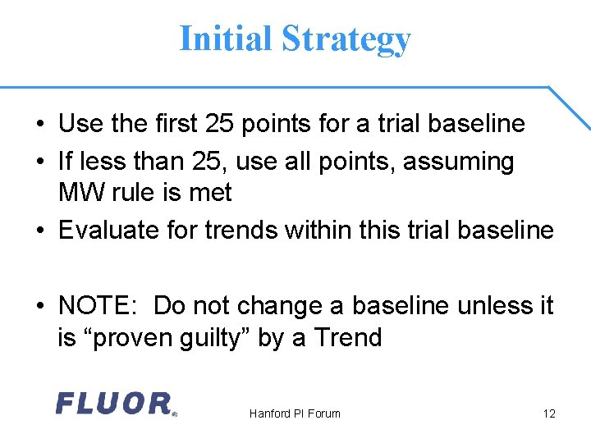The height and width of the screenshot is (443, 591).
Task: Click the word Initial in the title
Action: (x=225, y=39)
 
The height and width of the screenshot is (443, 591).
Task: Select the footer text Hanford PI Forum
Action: (x=295, y=413)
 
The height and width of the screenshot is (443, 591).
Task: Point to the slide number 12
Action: (x=548, y=413)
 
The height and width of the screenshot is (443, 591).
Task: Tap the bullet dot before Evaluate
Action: (x=39, y=231)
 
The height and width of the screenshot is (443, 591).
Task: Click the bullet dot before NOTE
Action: (x=39, y=307)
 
